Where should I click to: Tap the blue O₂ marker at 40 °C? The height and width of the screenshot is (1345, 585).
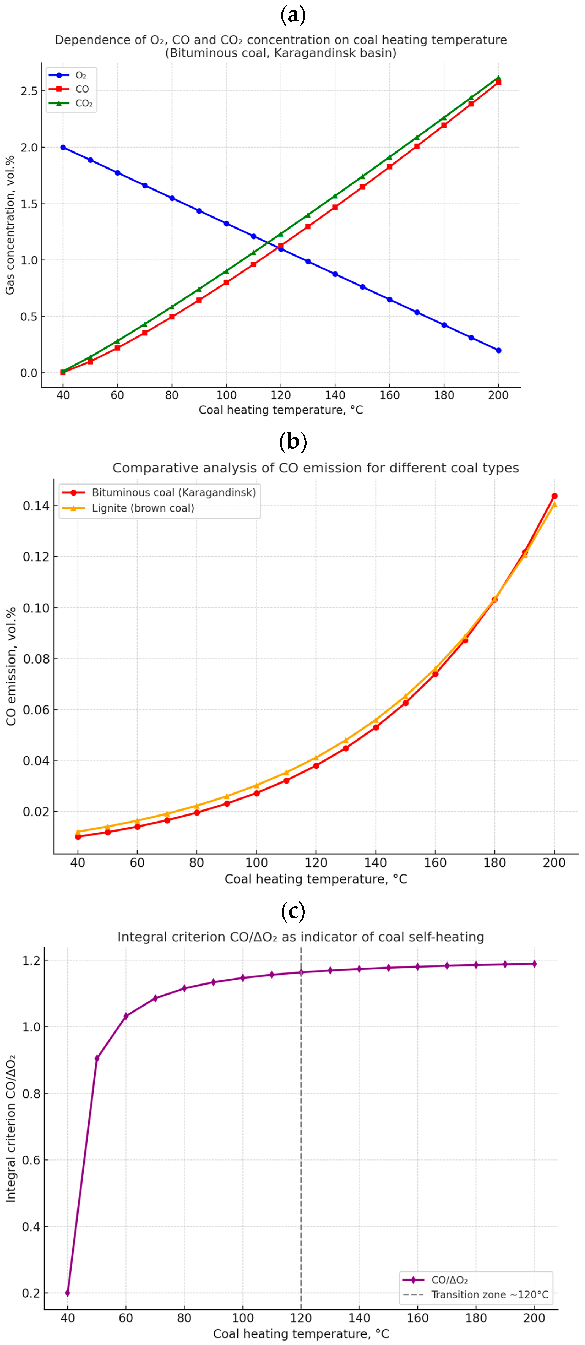tap(63, 147)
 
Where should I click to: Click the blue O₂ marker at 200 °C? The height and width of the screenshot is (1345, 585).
tap(498, 350)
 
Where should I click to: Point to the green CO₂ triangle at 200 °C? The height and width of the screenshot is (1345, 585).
tap(498, 78)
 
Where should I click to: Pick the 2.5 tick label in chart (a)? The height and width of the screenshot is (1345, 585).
tap(29, 91)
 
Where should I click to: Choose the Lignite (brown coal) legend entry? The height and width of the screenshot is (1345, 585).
tap(143, 508)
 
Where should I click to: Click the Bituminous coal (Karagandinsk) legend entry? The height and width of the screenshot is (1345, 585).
tap(173, 492)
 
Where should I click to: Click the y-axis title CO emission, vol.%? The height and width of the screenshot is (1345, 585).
tap(11, 666)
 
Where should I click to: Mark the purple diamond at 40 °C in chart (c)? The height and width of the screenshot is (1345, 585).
tap(67, 1293)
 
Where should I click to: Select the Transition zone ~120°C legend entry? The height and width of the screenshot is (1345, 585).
tap(490, 1294)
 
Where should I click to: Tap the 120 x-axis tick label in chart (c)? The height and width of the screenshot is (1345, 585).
tap(301, 1318)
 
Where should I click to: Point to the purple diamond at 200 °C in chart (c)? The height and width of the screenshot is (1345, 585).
tap(534, 964)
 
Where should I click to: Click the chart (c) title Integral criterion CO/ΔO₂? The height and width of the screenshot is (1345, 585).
tap(300, 937)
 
